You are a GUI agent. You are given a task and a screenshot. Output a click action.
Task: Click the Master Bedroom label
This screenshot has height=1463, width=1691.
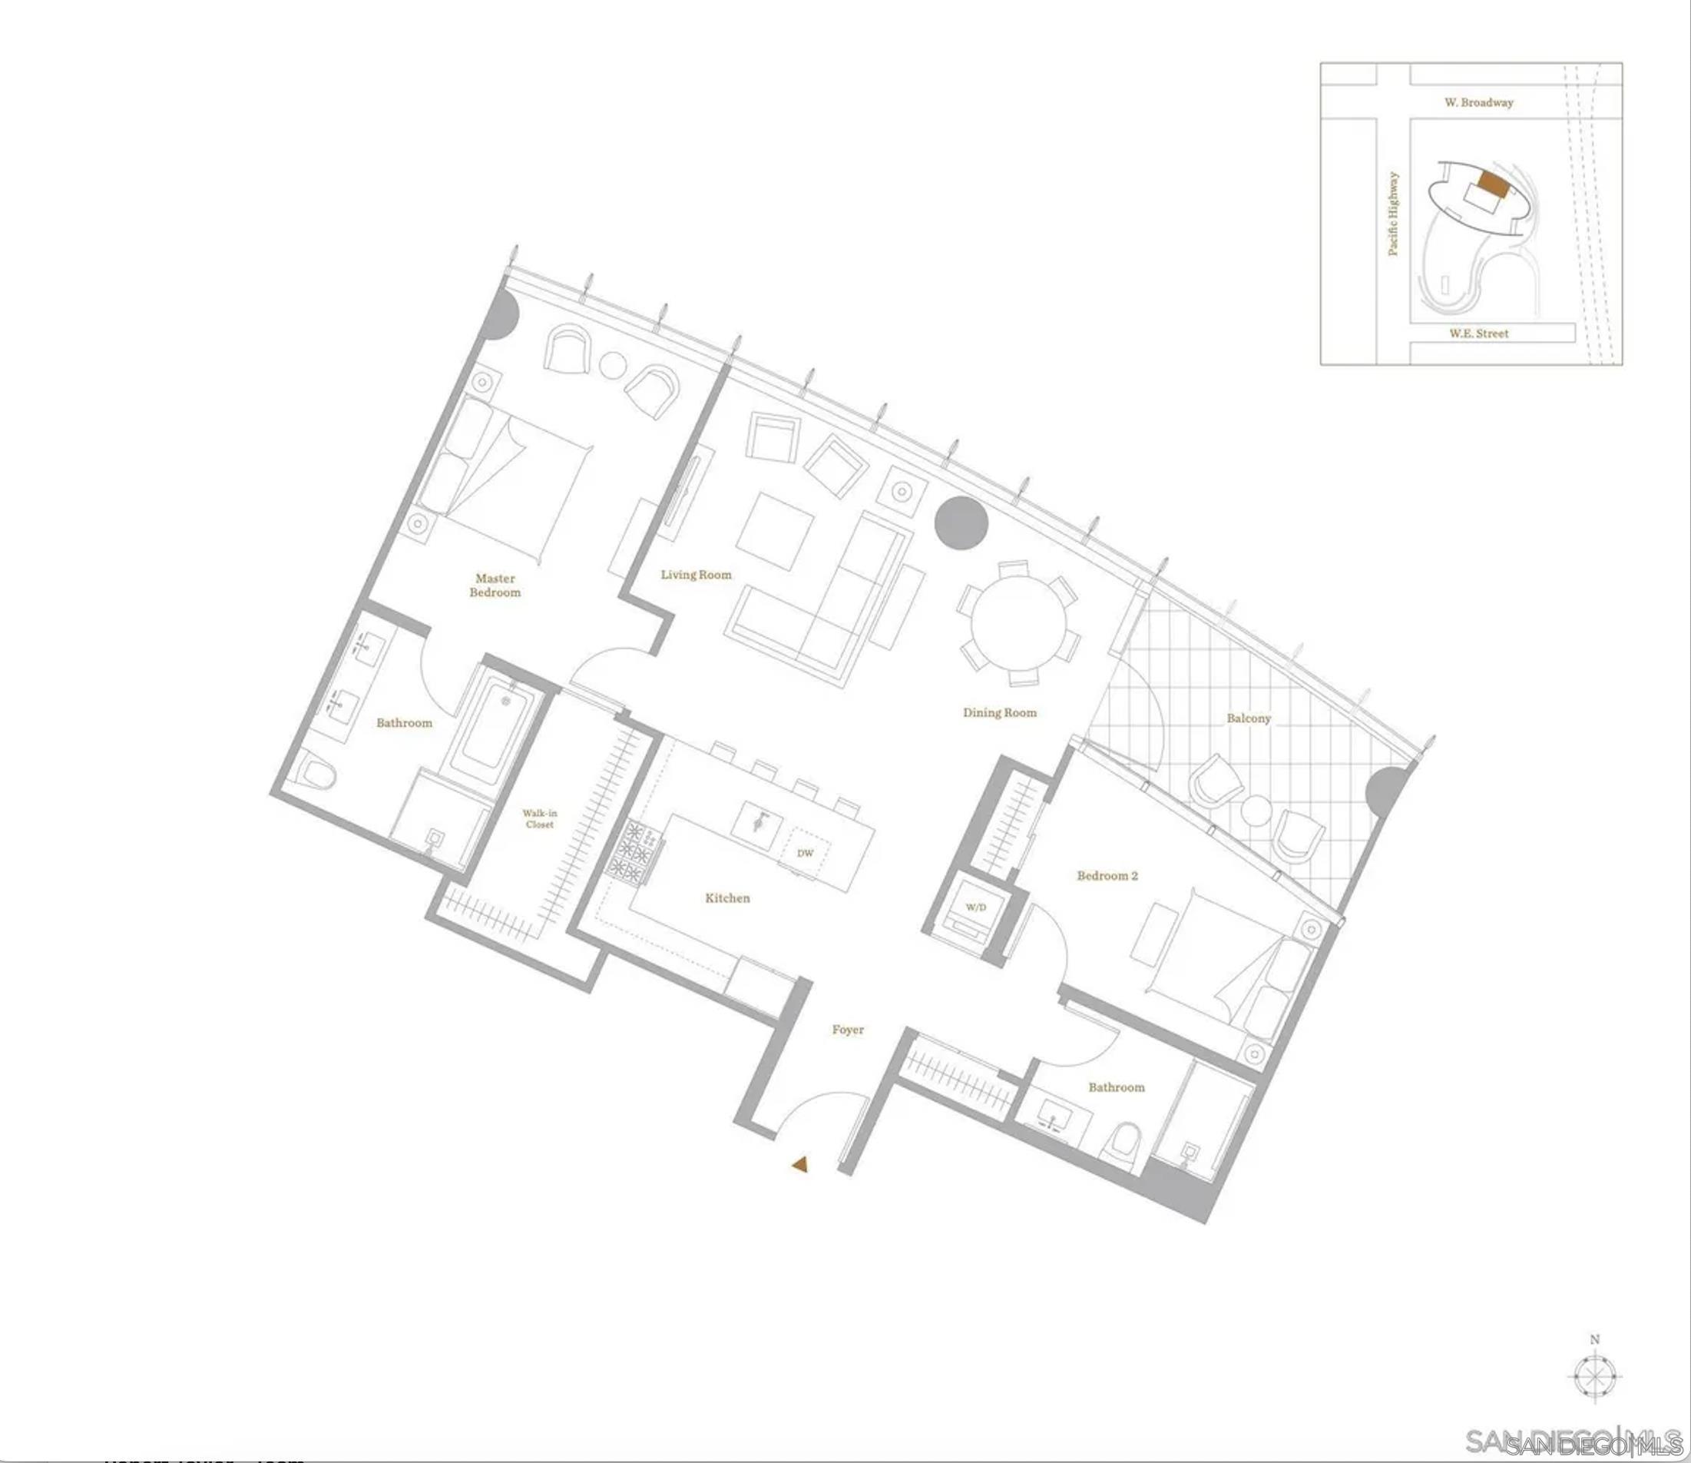(x=495, y=586)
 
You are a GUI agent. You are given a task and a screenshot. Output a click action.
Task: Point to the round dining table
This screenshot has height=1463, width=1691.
(x=1018, y=623)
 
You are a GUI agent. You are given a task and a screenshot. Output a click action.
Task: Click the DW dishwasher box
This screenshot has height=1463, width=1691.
(x=805, y=853)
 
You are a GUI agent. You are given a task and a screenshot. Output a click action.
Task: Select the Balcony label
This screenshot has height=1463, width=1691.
(x=1248, y=718)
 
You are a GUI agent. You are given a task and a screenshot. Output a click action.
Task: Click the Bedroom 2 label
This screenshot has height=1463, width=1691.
(x=1107, y=876)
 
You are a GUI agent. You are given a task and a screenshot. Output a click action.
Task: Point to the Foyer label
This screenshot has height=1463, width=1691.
(x=847, y=1030)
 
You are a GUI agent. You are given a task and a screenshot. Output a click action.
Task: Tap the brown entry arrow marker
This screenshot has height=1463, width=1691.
(x=799, y=1165)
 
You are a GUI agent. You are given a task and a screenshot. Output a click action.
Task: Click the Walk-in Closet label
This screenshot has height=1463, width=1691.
(x=539, y=818)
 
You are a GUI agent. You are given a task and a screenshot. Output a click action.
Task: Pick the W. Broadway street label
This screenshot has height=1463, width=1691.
(x=1478, y=103)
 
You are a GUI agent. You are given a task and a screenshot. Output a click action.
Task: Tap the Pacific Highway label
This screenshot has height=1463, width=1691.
(x=1393, y=213)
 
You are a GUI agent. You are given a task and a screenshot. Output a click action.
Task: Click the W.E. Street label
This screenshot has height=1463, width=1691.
(x=1478, y=333)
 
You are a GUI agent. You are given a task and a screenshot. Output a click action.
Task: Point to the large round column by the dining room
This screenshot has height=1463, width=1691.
(x=961, y=522)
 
